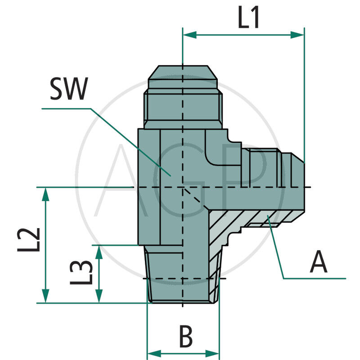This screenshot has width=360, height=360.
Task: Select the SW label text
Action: (x=68, y=90)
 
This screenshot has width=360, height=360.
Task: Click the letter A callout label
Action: (x=319, y=262)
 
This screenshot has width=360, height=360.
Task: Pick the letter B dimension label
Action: (x=185, y=337)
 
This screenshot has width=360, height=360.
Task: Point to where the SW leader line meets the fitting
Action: (x=170, y=175)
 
